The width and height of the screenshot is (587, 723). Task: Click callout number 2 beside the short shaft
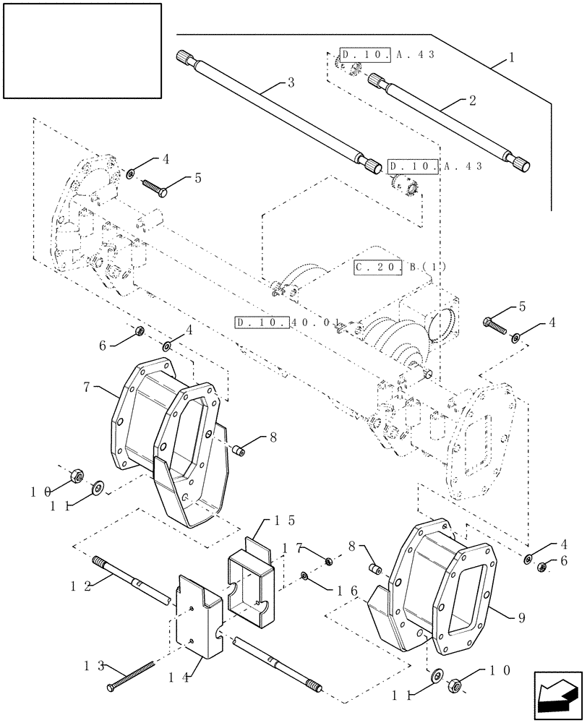tap(472, 100)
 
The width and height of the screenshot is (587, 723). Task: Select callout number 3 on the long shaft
tap(291, 83)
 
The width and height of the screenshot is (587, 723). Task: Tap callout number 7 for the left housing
tap(87, 388)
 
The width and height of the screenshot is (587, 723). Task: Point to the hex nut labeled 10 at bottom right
tap(458, 685)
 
